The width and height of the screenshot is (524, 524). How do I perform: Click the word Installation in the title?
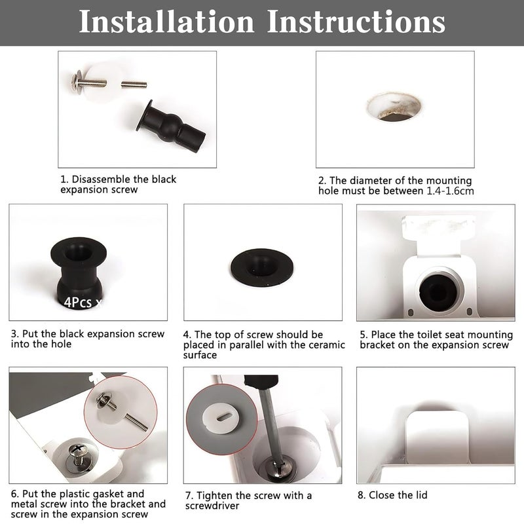pos(167,22)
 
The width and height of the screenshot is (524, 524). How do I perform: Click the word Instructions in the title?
pos(356,22)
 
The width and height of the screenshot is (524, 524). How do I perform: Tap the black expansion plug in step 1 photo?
pos(171,127)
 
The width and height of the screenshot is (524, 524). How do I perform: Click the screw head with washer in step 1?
pos(78,81)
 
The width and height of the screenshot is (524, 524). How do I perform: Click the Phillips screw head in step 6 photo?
pos(79,454)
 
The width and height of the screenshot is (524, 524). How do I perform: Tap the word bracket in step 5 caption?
pos(378,345)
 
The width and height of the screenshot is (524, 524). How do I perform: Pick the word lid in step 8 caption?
pos(421,495)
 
